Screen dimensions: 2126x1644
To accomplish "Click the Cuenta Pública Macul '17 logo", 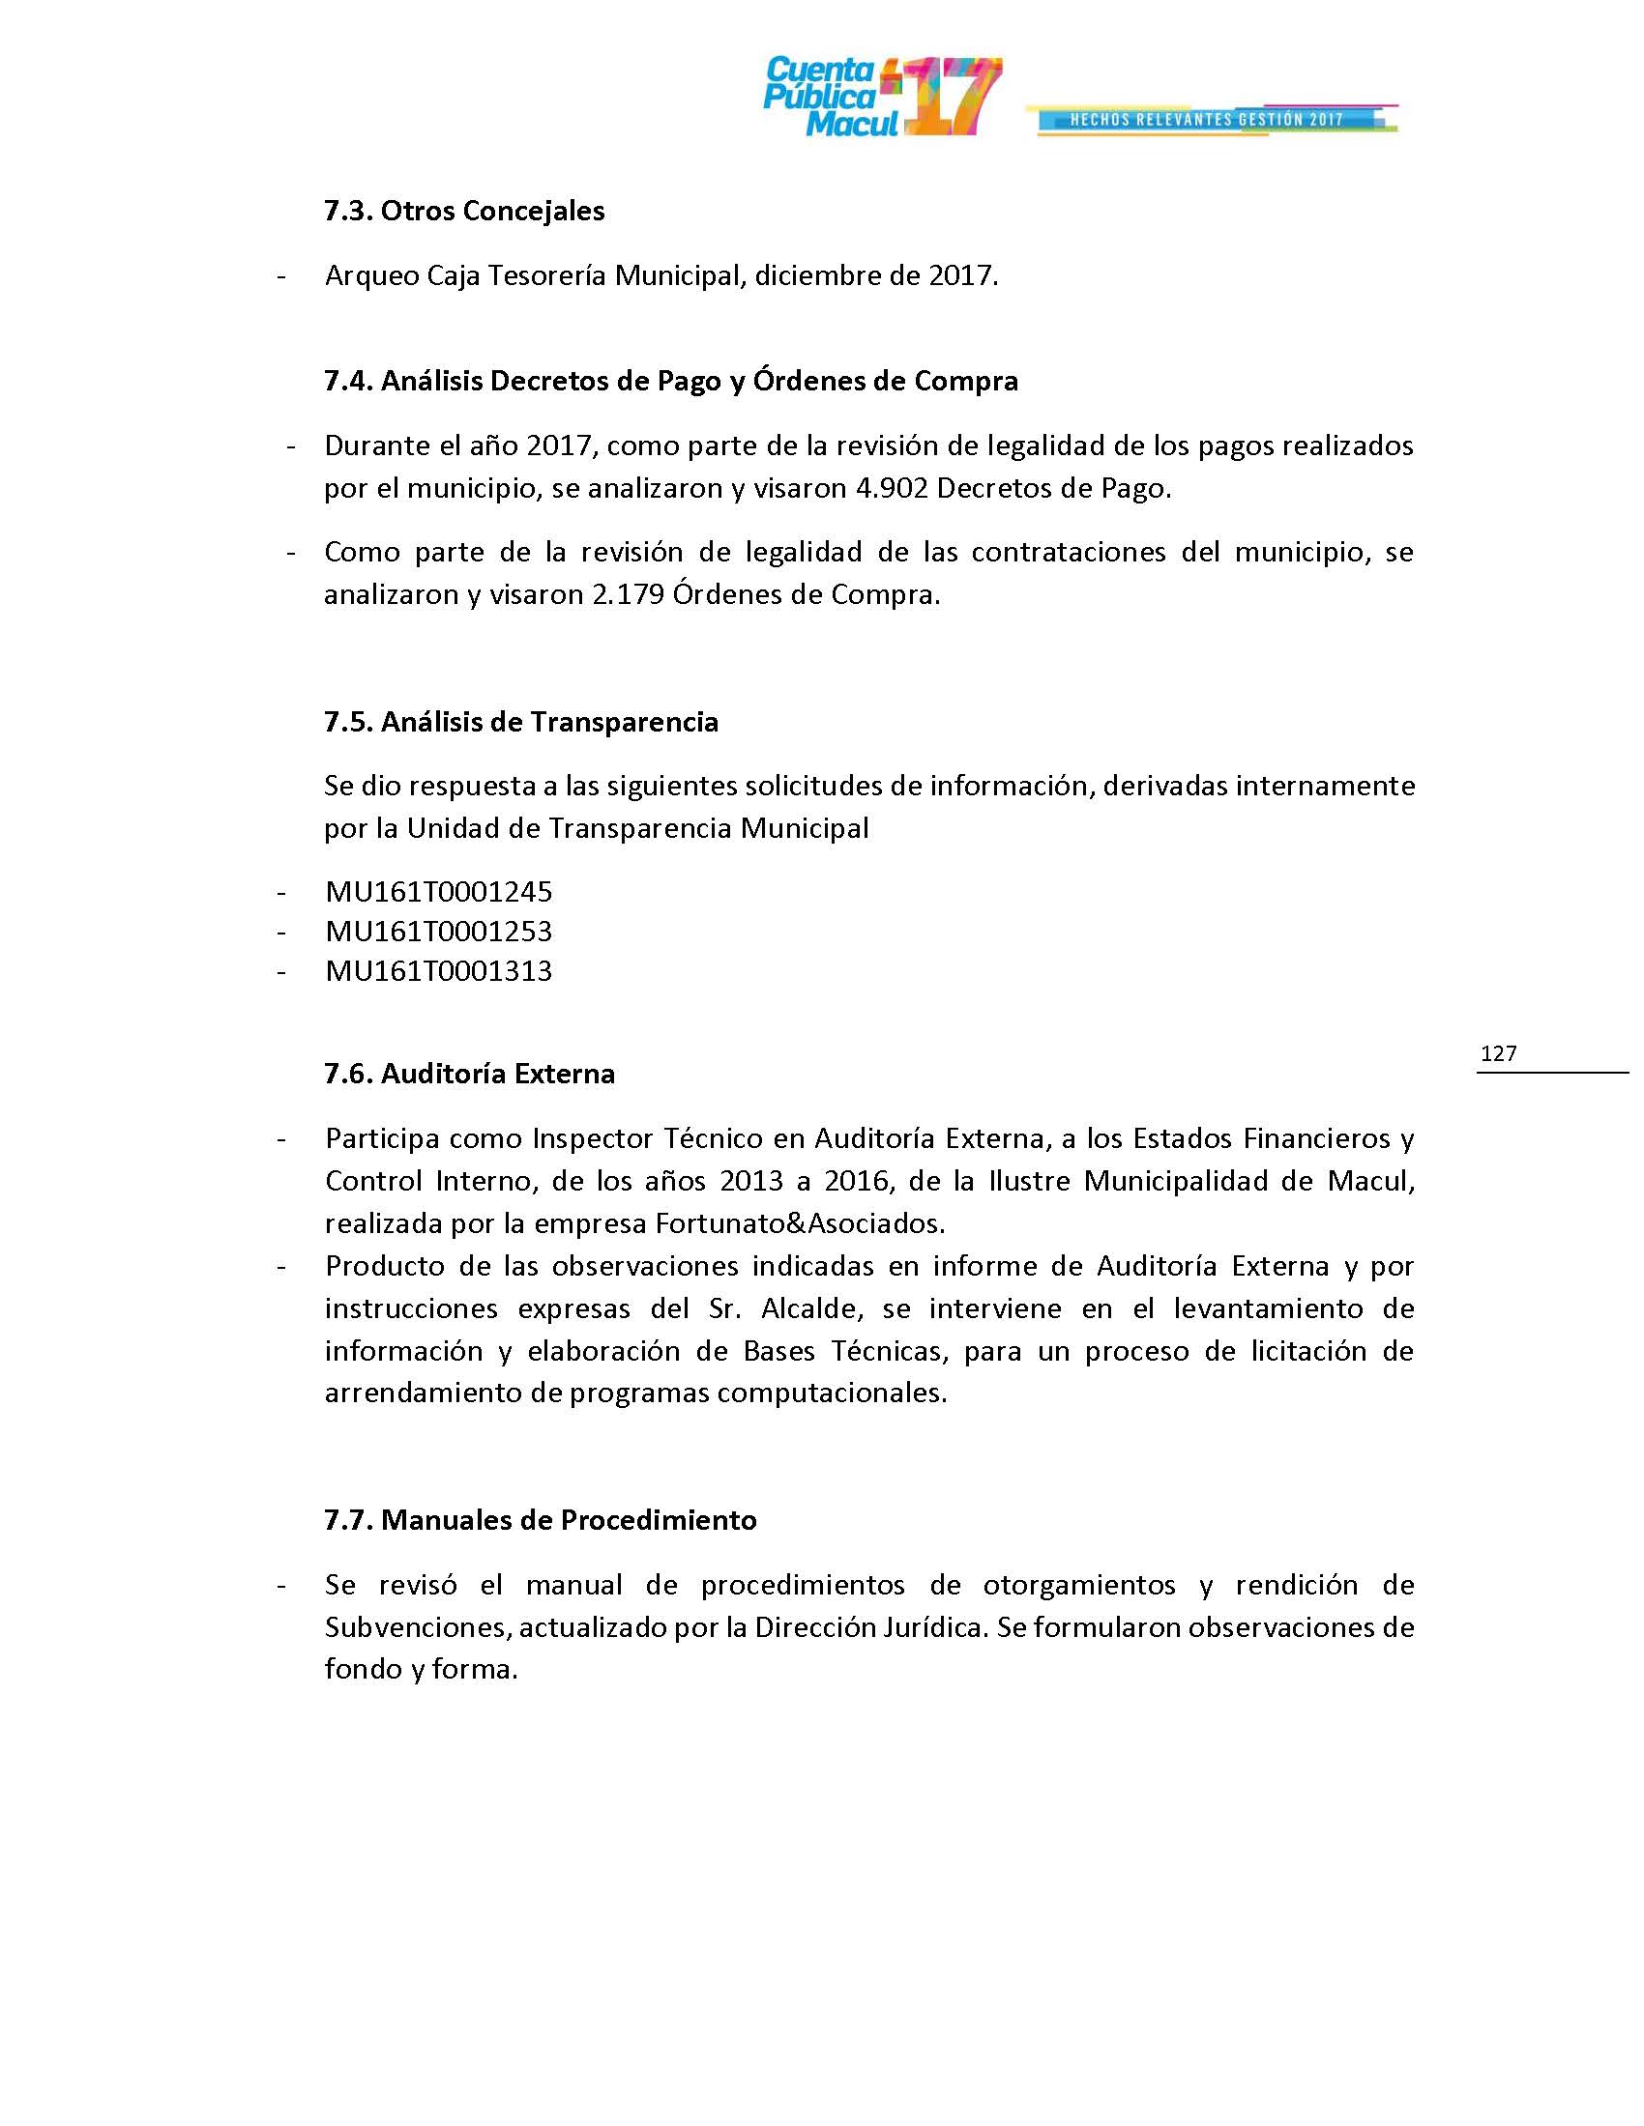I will pyautogui.click(x=881, y=98).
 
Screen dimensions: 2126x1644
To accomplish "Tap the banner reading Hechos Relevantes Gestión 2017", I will pyautogui.click(x=1208, y=120).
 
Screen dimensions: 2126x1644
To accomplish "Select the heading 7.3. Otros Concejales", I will pyautogui.click(x=463, y=212).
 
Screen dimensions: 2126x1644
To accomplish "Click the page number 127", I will pyautogui.click(x=1498, y=1053).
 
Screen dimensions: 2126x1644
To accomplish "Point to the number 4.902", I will pyautogui.click(x=892, y=489).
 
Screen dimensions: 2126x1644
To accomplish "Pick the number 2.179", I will pyautogui.click(x=629, y=594).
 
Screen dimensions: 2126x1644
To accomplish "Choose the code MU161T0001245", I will pyautogui.click(x=438, y=892).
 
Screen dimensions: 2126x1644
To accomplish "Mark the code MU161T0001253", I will pyautogui.click(x=438, y=932).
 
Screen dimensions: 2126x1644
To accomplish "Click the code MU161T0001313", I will pyautogui.click(x=438, y=971).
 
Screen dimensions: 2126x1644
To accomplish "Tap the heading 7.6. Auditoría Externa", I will pyautogui.click(x=468, y=1074).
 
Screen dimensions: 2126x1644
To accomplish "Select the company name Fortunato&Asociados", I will pyautogui.click(x=799, y=1223).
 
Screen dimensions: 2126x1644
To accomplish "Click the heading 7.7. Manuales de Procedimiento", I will pyautogui.click(x=540, y=1520).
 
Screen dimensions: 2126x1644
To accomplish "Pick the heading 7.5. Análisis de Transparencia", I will pyautogui.click(x=521, y=722).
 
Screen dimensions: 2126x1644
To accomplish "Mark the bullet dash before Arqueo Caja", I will pyautogui.click(x=281, y=277).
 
